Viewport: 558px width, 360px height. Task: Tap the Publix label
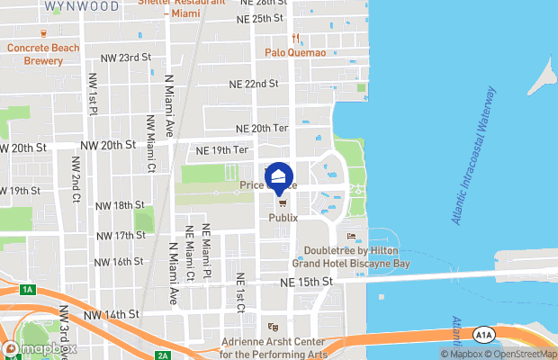(x=283, y=218)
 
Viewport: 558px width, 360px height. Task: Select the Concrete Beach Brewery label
(x=42, y=54)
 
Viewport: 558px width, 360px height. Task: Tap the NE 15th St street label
(x=307, y=282)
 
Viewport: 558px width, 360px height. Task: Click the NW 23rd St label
(x=125, y=58)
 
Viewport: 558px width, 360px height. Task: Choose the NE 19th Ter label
(x=220, y=149)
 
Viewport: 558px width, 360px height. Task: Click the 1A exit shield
(x=28, y=289)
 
